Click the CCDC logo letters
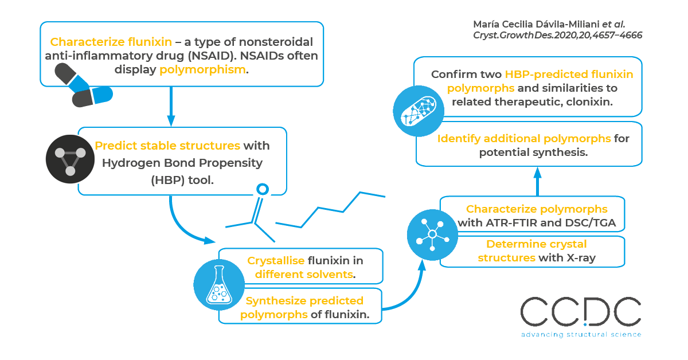click(580, 313)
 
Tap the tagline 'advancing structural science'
click(580, 334)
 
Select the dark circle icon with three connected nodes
click(69, 159)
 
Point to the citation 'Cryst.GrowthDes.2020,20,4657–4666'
click(557, 35)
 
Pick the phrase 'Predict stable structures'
click(167, 146)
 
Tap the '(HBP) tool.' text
click(182, 180)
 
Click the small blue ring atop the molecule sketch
click(262, 189)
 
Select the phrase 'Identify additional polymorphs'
click(523, 139)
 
